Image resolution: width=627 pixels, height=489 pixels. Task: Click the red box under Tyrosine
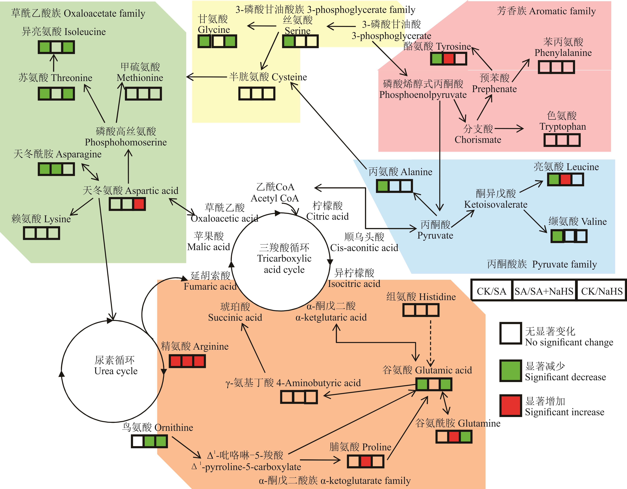click(448, 59)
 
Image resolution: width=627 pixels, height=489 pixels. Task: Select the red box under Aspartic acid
click(139, 204)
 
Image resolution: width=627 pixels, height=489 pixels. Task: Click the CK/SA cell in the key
click(491, 291)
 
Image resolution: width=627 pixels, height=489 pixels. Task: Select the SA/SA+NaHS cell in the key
click(544, 291)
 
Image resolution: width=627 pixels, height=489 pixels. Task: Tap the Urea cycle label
click(116, 371)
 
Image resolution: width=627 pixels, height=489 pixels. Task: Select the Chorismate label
click(478, 140)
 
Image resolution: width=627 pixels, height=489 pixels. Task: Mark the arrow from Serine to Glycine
click(261, 26)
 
